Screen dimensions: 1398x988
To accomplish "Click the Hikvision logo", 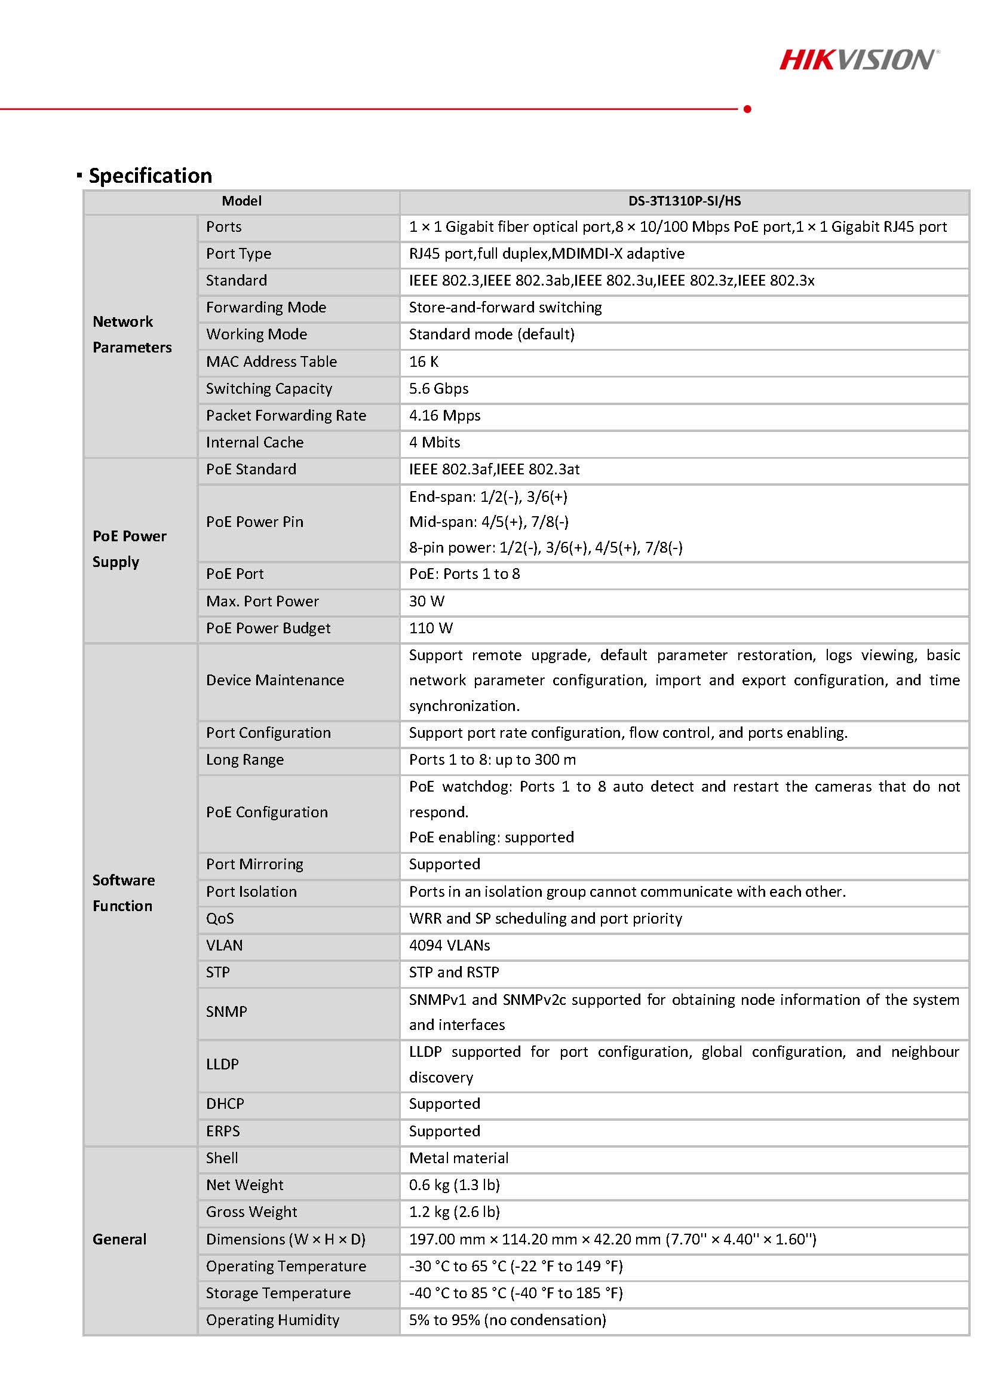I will [859, 60].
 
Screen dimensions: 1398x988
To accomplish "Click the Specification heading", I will [150, 176].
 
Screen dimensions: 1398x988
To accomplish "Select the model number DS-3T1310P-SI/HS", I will [684, 201].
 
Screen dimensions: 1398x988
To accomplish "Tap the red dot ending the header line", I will [747, 109].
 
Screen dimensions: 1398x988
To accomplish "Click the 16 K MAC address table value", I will [424, 361].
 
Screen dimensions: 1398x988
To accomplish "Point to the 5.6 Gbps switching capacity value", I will [438, 388].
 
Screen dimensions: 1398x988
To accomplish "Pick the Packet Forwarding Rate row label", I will [286, 415].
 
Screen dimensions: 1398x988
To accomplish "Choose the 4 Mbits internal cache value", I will [434, 442].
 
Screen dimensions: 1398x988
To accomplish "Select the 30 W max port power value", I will [426, 601].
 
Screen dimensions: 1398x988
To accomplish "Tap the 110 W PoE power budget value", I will [431, 628].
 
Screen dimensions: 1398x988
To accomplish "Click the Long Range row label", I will [245, 759].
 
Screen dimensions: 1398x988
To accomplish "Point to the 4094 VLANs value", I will [449, 945].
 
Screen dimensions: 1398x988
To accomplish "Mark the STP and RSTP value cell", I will [453, 972].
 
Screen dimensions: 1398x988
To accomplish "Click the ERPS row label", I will [223, 1131].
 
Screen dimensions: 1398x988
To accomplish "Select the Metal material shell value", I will [458, 1157].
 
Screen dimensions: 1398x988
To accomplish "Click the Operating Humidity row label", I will [273, 1320].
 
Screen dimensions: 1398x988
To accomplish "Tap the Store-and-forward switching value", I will [505, 308].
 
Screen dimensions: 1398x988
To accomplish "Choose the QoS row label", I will [220, 918].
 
